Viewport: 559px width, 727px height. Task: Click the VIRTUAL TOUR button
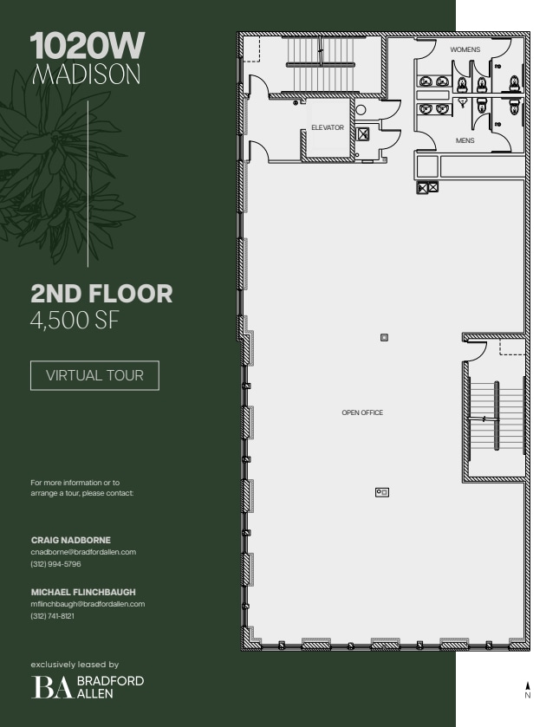(94, 376)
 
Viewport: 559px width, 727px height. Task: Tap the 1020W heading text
(87, 46)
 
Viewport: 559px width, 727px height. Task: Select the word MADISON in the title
(86, 75)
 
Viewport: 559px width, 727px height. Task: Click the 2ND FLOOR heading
(101, 294)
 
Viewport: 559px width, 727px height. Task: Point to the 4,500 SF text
(74, 321)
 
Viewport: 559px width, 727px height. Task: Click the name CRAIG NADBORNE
(71, 540)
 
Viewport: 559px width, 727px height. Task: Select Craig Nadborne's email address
(83, 552)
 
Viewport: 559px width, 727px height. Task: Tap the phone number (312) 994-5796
(55, 563)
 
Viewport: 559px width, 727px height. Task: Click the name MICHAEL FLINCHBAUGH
(83, 592)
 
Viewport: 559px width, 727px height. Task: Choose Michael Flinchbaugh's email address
(88, 604)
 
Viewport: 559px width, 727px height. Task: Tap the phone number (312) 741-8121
(53, 615)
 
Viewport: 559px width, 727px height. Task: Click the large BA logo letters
(53, 687)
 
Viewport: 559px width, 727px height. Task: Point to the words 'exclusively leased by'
(75, 665)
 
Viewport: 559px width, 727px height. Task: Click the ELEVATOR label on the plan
(328, 128)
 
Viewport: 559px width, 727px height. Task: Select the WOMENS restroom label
(465, 50)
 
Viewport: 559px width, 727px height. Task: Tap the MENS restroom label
(465, 140)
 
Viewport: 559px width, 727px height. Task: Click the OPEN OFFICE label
(362, 412)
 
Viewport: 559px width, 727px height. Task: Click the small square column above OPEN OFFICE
(384, 337)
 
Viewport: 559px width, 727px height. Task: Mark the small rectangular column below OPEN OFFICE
(381, 492)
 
